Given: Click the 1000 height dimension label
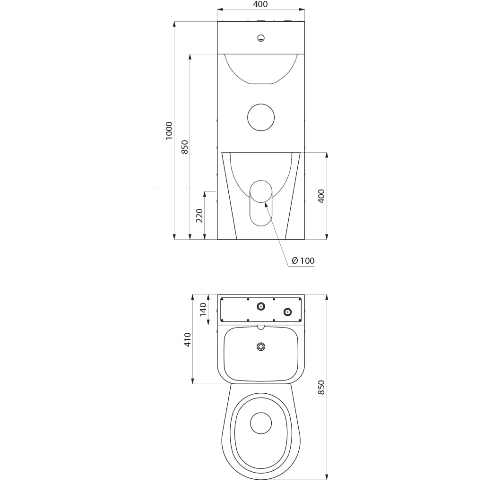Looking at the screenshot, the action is [x=169, y=130].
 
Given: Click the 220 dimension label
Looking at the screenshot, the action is [x=200, y=216].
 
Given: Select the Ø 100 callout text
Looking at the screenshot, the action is [x=303, y=261].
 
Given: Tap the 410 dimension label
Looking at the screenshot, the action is [x=188, y=339].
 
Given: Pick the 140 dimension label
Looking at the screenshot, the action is [x=203, y=310].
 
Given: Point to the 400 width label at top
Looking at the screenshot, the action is [x=260, y=4].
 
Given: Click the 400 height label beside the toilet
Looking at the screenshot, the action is [x=321, y=196].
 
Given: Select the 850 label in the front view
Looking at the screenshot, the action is [x=184, y=147].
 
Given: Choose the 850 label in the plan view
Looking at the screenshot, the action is [x=321, y=388].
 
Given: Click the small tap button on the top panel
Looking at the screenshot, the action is [x=261, y=38].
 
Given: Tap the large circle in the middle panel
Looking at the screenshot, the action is [x=261, y=117].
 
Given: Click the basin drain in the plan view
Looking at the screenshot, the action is [x=261, y=346].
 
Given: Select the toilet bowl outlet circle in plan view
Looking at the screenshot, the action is [x=261, y=423].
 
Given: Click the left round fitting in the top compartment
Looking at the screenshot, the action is [x=261, y=306].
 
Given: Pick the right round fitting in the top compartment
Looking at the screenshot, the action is [x=287, y=312].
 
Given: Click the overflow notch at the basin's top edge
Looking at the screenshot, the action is [x=261, y=327].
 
